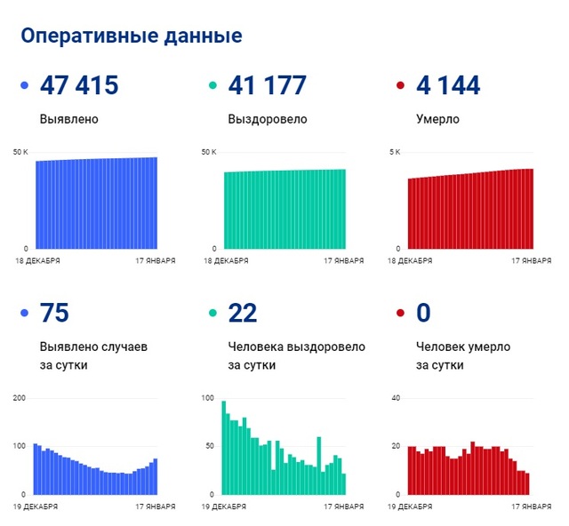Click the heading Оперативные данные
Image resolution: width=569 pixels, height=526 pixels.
pyautogui.click(x=131, y=36)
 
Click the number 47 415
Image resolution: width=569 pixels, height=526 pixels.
pyautogui.click(x=79, y=86)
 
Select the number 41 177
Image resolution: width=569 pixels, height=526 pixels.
pyautogui.click(x=268, y=86)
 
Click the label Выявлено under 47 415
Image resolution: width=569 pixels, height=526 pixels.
pyautogui.click(x=68, y=119)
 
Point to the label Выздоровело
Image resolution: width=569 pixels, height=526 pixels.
pyautogui.click(x=268, y=119)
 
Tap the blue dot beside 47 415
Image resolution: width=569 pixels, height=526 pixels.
pyautogui.click(x=25, y=86)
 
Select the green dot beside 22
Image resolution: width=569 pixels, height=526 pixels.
pyautogui.click(x=212, y=314)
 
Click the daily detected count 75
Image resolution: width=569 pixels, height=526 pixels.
pyautogui.click(x=54, y=314)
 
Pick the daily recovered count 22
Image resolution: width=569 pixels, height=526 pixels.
pyautogui.click(x=243, y=314)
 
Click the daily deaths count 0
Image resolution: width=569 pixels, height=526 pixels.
pyautogui.click(x=423, y=314)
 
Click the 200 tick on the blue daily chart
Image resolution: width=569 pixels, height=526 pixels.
pyautogui.click(x=20, y=397)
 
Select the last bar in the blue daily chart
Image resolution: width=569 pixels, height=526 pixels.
pyautogui.click(x=156, y=476)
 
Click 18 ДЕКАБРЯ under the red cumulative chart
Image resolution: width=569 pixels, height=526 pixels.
pyautogui.click(x=412, y=261)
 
